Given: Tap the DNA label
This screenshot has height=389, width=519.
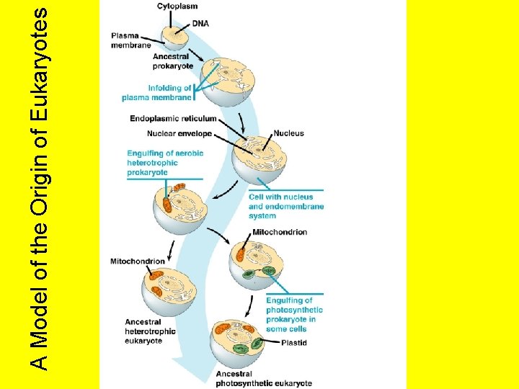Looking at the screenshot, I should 200,23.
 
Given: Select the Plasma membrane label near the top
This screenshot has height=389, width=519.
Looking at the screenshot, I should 130,40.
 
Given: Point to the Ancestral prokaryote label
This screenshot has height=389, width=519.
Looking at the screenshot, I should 172,61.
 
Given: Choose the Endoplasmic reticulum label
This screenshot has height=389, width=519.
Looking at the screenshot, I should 173,118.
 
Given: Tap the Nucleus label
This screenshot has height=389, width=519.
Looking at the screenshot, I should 288,133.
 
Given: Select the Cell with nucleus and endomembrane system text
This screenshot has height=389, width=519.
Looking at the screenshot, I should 285,206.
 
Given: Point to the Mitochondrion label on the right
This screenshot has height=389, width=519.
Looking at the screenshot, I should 280,232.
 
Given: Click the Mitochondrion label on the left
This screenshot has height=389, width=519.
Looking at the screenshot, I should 138,261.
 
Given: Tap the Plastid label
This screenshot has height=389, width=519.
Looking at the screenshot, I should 293,343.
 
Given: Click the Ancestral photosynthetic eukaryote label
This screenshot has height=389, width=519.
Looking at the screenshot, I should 263,379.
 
